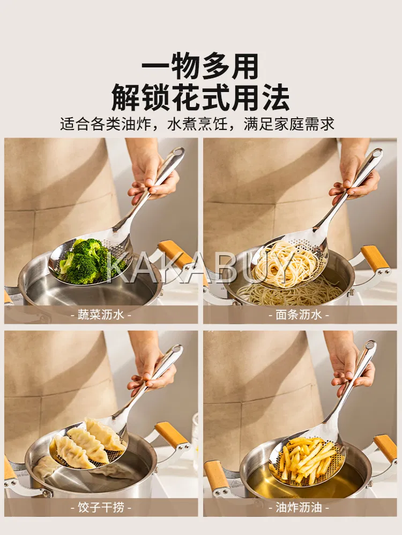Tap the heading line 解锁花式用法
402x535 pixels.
click(x=200, y=97)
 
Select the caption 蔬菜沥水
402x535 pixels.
click(x=101, y=314)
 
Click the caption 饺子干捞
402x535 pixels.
click(x=101, y=507)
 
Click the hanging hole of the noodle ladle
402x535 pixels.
click(x=376, y=154)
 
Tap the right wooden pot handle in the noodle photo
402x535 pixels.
click(x=375, y=258)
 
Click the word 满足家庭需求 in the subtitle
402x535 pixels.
click(x=289, y=124)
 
